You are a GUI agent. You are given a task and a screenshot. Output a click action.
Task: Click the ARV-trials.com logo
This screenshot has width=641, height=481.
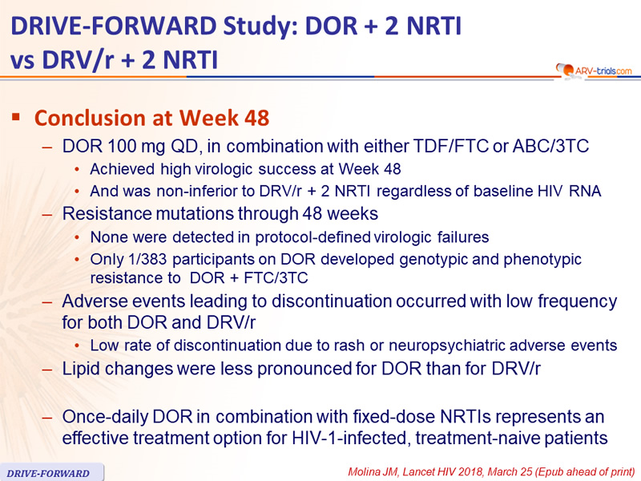click(594, 71)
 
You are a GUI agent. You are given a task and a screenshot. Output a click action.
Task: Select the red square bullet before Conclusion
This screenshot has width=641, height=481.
click(16, 117)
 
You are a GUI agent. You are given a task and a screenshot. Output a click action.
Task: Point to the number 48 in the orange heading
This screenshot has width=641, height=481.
click(257, 118)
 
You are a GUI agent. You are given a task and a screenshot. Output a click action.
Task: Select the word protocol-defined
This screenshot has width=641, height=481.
click(313, 237)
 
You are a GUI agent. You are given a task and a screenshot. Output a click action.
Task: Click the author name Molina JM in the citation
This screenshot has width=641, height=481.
click(372, 472)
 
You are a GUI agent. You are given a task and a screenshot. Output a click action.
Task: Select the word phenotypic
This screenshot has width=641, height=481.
click(542, 260)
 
